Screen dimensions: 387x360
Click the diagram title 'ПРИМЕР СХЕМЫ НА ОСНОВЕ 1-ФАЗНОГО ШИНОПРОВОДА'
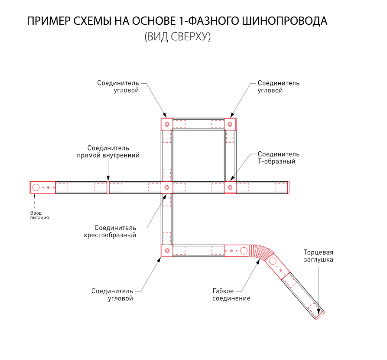pyautogui.click(x=177, y=21)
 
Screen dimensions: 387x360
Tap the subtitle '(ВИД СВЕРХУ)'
pyautogui.click(x=177, y=37)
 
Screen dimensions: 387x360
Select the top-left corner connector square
pyautogui.click(x=166, y=124)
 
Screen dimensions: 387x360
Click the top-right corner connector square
pyautogui.click(x=230, y=124)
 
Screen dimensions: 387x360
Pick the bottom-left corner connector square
pyautogui.click(x=166, y=250)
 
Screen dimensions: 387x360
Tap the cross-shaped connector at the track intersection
pyautogui.click(x=166, y=187)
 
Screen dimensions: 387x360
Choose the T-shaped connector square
pyautogui.click(x=230, y=187)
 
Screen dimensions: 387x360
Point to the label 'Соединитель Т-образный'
pyautogui.click(x=278, y=158)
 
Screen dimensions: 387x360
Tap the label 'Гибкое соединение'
pyautogui.click(x=231, y=295)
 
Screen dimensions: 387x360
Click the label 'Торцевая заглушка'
pyautogui.click(x=318, y=256)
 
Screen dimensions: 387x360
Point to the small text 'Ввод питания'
pyautogui.click(x=39, y=215)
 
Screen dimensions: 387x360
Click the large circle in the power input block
pyautogui.click(x=36, y=187)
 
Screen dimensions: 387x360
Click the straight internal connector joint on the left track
pyautogui.click(x=108, y=187)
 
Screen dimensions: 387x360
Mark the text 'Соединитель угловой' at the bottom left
pyautogui.click(x=112, y=295)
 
